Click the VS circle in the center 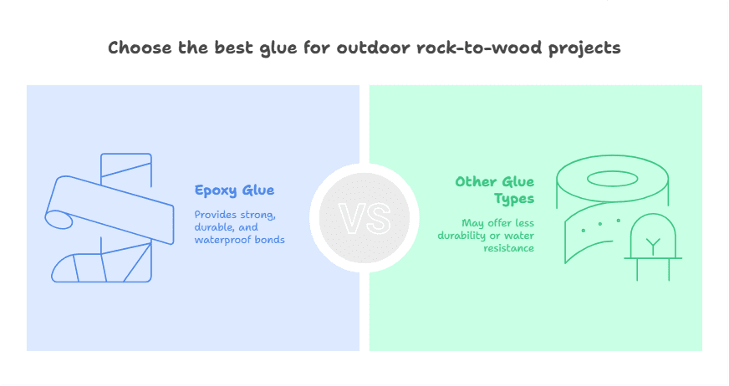[x=364, y=218]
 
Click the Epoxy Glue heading [x=234, y=190]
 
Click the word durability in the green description [x=464, y=236]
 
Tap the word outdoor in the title [x=365, y=48]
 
